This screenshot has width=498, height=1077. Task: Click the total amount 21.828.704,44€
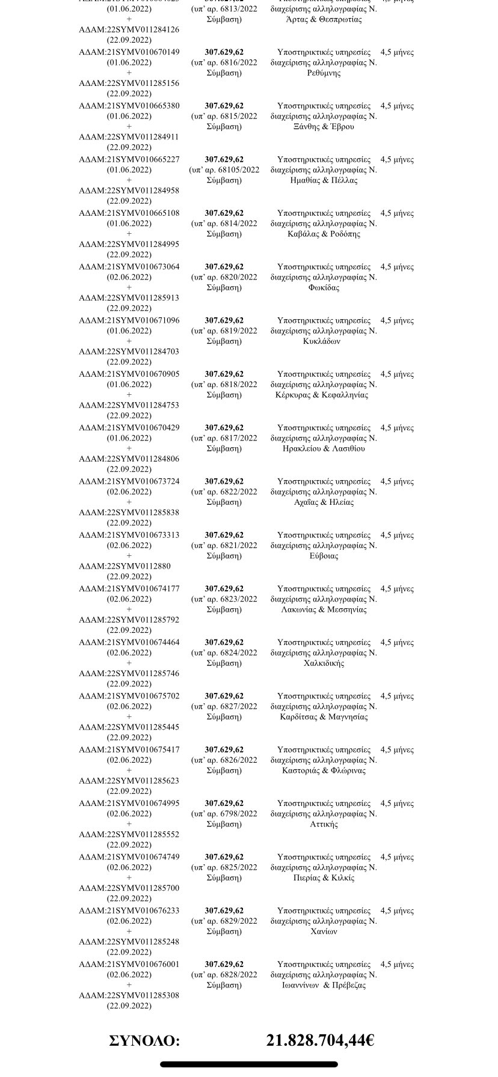coord(320,1040)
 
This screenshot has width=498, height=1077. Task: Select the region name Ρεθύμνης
coord(324,73)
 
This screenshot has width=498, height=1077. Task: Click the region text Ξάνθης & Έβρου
coord(324,127)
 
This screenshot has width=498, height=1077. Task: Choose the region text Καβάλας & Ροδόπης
coord(324,234)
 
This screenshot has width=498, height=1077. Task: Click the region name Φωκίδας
coord(324,287)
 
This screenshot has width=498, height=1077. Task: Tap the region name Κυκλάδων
coord(324,341)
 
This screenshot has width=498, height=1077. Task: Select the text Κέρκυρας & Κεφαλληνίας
coord(324,395)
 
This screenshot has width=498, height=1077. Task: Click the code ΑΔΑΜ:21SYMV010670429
coord(129,427)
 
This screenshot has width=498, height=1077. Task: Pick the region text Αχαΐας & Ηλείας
coord(324,502)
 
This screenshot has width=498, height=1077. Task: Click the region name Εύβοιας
coord(324,556)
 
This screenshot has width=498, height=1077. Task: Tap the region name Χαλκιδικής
coord(324,664)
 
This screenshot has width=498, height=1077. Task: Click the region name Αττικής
coord(324,824)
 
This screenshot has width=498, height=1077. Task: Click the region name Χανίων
coord(324,932)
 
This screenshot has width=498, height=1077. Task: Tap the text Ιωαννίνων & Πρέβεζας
coord(324,985)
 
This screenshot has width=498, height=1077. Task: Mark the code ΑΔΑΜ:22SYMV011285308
coord(129,995)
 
